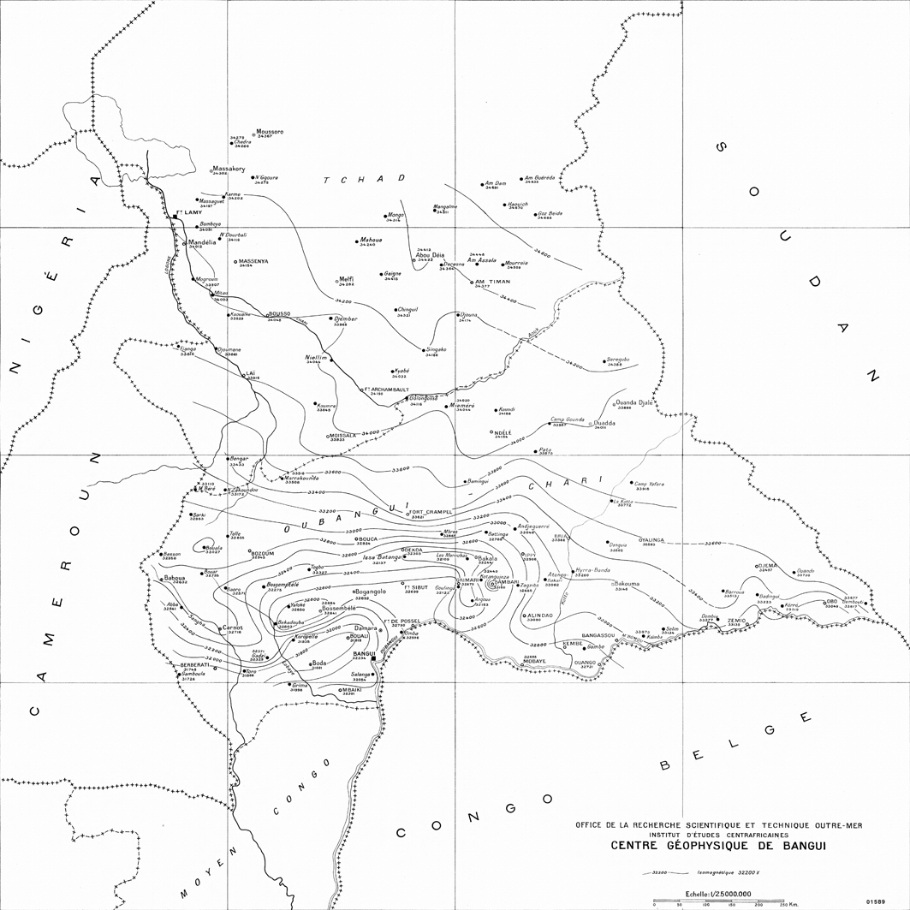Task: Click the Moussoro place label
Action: (x=270, y=132)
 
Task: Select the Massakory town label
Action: (x=229, y=169)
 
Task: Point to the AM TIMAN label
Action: (x=492, y=282)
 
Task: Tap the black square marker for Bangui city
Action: (x=373, y=659)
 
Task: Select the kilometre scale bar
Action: (x=718, y=901)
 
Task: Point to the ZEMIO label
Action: (x=737, y=620)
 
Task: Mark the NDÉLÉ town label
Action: (x=503, y=432)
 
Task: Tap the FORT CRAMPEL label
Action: (x=431, y=512)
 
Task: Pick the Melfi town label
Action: (x=347, y=279)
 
